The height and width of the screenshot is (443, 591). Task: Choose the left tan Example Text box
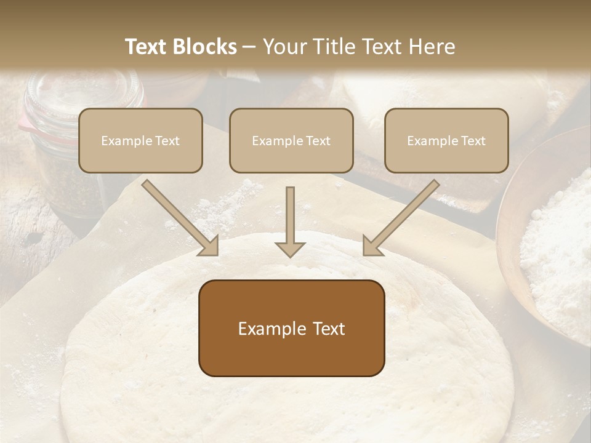[140, 140]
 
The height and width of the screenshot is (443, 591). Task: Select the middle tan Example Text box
[291, 140]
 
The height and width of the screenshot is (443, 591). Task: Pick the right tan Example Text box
[446, 140]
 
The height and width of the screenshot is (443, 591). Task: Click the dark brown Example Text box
[291, 328]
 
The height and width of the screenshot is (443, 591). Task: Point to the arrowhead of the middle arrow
[290, 249]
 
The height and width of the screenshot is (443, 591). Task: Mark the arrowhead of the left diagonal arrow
[209, 246]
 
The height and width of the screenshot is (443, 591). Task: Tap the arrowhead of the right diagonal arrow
[372, 246]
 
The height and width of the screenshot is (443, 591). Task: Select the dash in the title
[249, 47]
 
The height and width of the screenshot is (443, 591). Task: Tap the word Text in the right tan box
[473, 141]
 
